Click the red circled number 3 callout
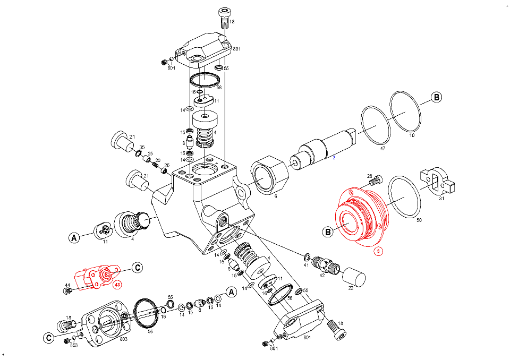[x=378, y=252]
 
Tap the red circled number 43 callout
[x=117, y=284]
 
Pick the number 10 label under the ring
[x=411, y=135]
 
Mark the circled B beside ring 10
[x=436, y=98]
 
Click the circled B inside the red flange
[x=328, y=232]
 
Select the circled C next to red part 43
[x=137, y=268]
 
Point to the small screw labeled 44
[x=67, y=291]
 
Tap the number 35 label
[x=142, y=147]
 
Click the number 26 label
[x=166, y=165]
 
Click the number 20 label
[x=158, y=160]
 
